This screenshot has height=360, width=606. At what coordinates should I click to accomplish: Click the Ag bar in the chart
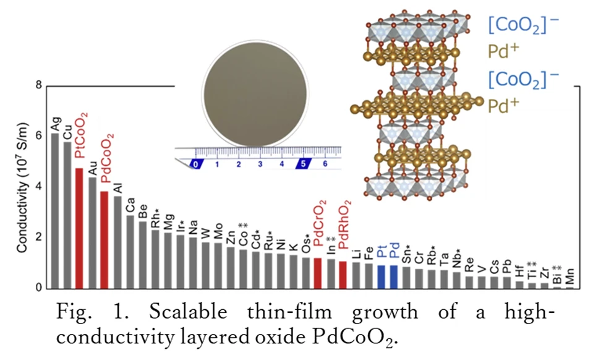(54, 210)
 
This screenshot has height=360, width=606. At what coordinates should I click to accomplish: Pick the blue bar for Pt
(382, 276)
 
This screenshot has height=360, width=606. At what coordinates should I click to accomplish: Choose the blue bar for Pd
(394, 276)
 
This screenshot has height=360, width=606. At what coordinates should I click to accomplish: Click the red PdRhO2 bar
(343, 275)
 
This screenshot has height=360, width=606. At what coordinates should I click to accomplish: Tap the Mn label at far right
(570, 276)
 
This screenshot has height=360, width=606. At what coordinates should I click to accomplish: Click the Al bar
(117, 242)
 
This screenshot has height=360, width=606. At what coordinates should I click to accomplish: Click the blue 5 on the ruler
(304, 164)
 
